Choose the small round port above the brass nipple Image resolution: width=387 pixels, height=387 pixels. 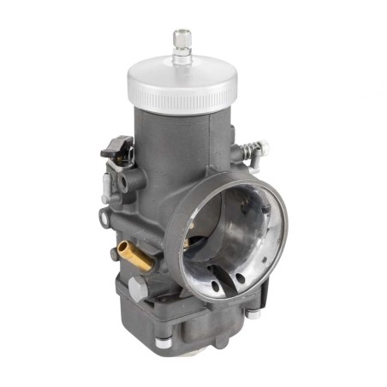104,214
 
